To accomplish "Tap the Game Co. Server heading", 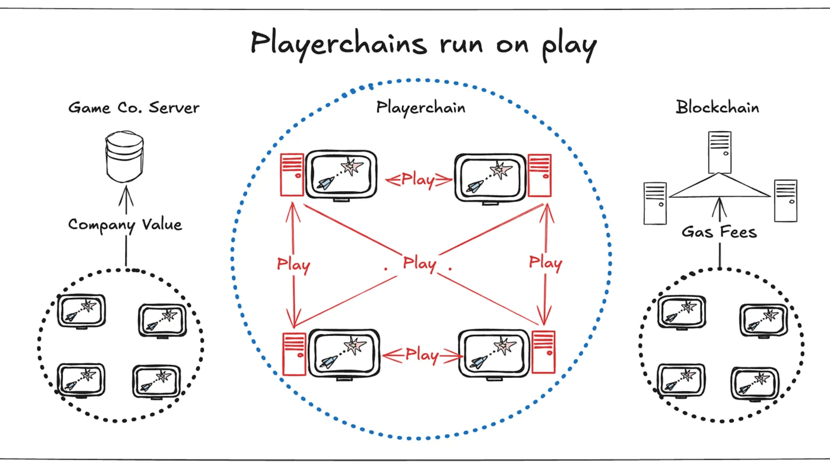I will click(134, 108).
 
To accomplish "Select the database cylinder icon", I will click(124, 157).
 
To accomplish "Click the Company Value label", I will click(125, 225).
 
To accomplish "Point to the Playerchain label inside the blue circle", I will click(421, 108).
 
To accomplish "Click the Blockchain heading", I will click(717, 107).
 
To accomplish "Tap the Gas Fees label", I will click(719, 232).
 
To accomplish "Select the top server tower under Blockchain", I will click(719, 152).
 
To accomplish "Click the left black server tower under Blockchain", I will click(655, 203).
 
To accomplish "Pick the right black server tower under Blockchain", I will click(785, 201).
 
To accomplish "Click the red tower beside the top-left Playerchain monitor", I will click(292, 175).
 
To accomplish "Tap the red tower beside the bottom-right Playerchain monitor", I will click(543, 352).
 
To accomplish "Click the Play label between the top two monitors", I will click(418, 179).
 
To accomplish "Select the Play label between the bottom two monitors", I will click(422, 355).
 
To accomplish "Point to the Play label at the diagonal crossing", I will click(419, 263).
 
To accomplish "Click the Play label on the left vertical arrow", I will click(294, 264).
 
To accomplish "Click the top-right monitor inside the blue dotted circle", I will click(490, 177).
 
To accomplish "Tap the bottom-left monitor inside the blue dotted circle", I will click(344, 353).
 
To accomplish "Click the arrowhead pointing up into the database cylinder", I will click(126, 195).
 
